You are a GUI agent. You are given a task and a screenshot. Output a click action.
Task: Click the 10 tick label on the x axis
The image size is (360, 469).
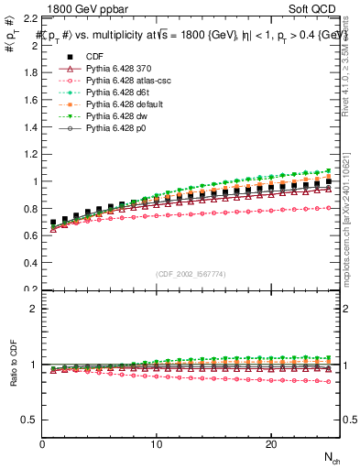coord(157,444)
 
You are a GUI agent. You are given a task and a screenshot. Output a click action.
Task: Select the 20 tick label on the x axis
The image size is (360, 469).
coord(271,444)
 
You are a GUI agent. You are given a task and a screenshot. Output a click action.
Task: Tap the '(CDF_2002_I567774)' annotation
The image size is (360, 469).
coord(191,274)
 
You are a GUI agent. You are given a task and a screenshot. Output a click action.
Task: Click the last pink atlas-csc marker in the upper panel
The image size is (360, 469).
coord(329,208)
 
